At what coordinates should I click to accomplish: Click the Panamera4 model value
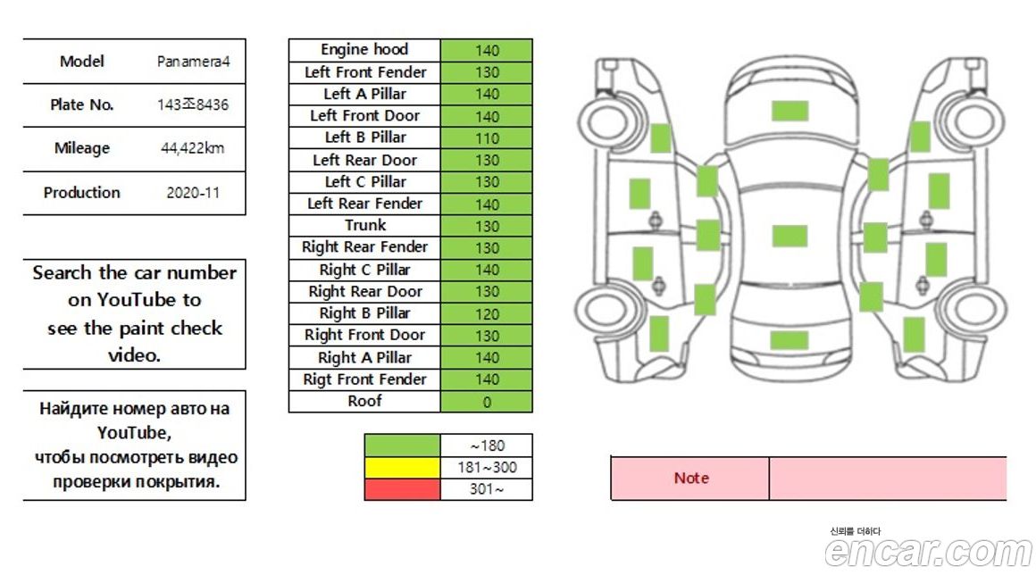coord(193,62)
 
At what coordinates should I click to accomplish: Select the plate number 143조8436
coord(193,104)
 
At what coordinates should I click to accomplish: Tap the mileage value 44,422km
coord(193,148)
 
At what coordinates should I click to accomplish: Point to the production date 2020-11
coord(193,192)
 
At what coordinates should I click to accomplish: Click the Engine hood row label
coord(364,50)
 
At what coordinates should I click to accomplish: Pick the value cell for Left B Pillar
coord(487,138)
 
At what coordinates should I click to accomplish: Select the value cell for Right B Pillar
coord(487,313)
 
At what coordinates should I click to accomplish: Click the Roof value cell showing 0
coord(487,402)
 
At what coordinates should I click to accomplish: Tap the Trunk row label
coord(364,225)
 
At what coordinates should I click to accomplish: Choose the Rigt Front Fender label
coord(364,379)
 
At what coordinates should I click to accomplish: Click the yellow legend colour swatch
coord(402,467)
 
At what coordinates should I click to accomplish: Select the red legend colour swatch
coord(402,489)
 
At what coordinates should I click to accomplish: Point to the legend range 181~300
coord(487,467)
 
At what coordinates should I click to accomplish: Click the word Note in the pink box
coord(690,479)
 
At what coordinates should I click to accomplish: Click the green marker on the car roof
coord(790,236)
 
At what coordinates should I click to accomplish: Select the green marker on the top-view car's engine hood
coord(790,111)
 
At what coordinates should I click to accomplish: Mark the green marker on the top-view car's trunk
coord(790,340)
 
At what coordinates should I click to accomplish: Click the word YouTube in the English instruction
coord(148,300)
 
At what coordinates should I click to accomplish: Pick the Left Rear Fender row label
coord(364,204)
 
